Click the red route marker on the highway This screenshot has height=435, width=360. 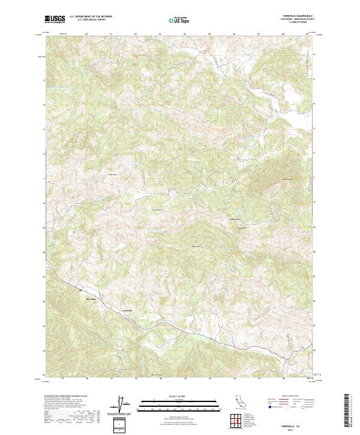click(x=79, y=292)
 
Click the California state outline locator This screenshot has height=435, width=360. click(x=239, y=403)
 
